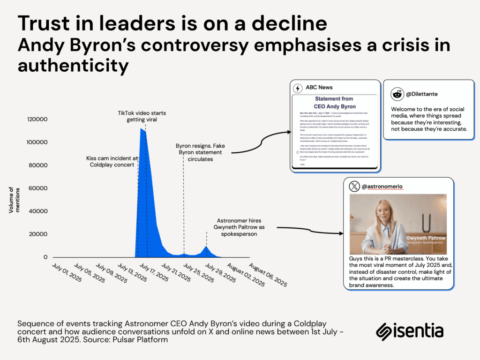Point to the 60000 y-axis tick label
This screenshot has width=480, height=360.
(x=37, y=188)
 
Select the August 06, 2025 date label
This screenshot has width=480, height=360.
(x=268, y=275)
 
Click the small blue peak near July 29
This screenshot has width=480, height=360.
(x=206, y=247)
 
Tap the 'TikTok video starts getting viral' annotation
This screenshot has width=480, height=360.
(x=142, y=116)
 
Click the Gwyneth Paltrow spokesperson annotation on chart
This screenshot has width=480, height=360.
(x=237, y=227)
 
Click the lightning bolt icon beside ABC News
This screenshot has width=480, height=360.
(x=297, y=88)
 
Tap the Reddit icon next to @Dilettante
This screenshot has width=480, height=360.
(x=397, y=94)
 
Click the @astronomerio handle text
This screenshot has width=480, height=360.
(x=382, y=187)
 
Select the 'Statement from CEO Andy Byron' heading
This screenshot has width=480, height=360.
(x=333, y=102)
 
